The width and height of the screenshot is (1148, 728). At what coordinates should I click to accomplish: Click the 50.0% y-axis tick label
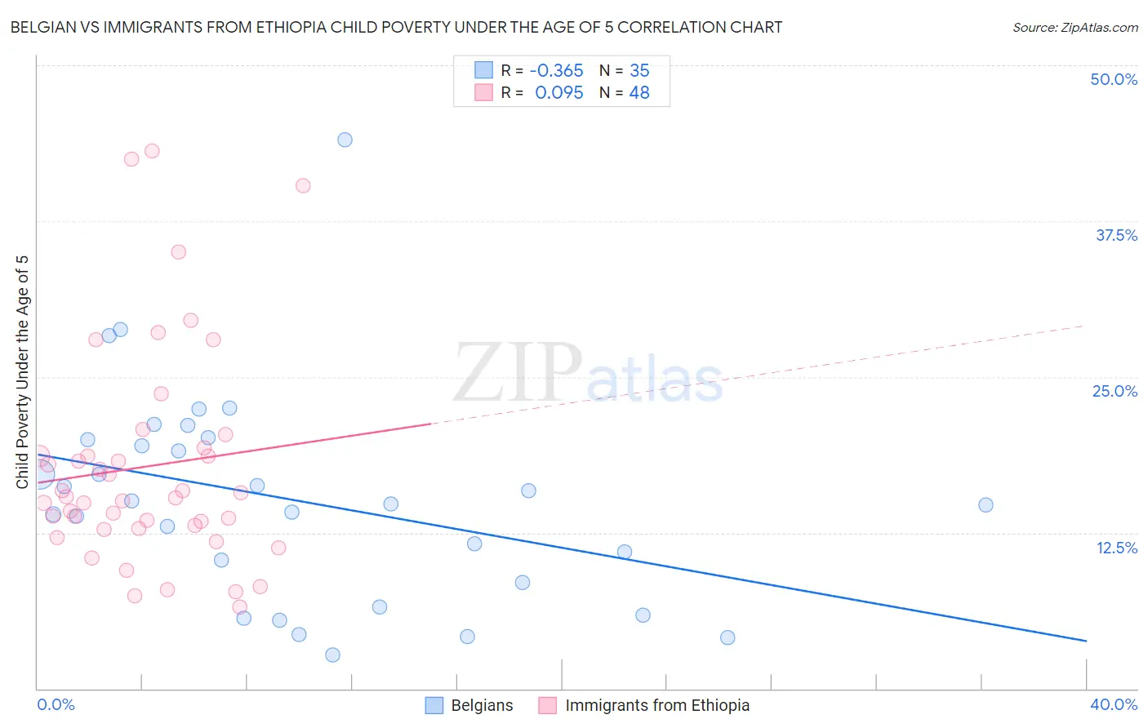coord(1114,79)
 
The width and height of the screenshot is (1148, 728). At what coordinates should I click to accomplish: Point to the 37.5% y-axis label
coord(1116,235)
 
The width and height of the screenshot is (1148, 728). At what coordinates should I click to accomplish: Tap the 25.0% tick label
coord(1115,391)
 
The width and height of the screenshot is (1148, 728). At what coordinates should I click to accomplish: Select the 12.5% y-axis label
coord(1116,548)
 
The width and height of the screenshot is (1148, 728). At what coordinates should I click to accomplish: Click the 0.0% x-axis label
coord(56,704)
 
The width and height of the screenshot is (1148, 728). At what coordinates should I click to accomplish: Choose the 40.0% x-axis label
coord(1114,704)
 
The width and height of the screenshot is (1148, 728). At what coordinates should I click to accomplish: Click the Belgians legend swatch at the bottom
coord(434,705)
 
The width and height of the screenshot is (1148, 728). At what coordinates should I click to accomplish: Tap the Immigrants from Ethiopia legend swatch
coord(547,705)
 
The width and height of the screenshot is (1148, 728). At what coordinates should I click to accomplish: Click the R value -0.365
coord(556,70)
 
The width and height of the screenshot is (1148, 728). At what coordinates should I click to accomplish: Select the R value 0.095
coord(559,93)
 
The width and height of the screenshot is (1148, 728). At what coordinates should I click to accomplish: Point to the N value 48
coord(639,93)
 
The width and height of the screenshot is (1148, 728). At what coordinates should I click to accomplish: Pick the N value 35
coord(639,70)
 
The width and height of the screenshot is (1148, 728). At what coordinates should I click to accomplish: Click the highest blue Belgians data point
coord(345,140)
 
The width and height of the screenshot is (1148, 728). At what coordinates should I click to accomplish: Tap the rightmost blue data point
coord(986,505)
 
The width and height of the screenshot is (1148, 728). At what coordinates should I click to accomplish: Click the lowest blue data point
coord(332,655)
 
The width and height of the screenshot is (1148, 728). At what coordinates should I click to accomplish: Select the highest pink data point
coord(152,151)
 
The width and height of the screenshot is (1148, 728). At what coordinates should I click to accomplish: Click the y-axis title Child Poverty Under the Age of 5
coord(23,372)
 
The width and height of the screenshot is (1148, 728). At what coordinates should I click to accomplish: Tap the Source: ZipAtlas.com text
coord(1075,28)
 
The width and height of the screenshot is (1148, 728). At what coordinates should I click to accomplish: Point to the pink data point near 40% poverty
coord(303,185)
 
